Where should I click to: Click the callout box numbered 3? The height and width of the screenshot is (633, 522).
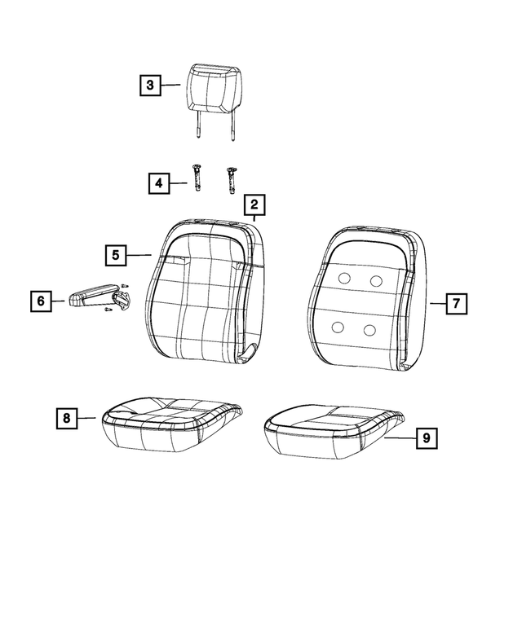[x=150, y=86]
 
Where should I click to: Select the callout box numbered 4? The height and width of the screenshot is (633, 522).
[x=159, y=183]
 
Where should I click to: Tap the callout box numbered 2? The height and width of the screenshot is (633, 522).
[x=254, y=204]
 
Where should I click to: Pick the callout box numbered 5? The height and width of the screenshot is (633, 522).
[x=116, y=255]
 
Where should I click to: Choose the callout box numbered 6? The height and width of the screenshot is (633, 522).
[x=41, y=301]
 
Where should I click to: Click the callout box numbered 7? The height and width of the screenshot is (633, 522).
[x=457, y=304]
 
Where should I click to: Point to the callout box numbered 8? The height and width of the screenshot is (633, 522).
[x=67, y=418]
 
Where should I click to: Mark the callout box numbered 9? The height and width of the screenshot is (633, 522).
[x=427, y=438]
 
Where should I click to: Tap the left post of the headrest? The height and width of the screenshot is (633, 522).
[x=198, y=125]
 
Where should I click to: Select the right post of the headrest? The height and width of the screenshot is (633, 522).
[x=232, y=126]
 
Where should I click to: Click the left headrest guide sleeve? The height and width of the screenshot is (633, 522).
[x=197, y=178]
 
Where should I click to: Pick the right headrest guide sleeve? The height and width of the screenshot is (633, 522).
[x=232, y=181]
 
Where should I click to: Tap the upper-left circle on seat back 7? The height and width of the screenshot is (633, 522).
[x=345, y=278]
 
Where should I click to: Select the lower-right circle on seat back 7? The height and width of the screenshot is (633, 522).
[x=369, y=330]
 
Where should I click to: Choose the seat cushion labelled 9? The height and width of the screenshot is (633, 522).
[x=334, y=432]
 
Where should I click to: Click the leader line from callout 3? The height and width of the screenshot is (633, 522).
[x=170, y=85]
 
